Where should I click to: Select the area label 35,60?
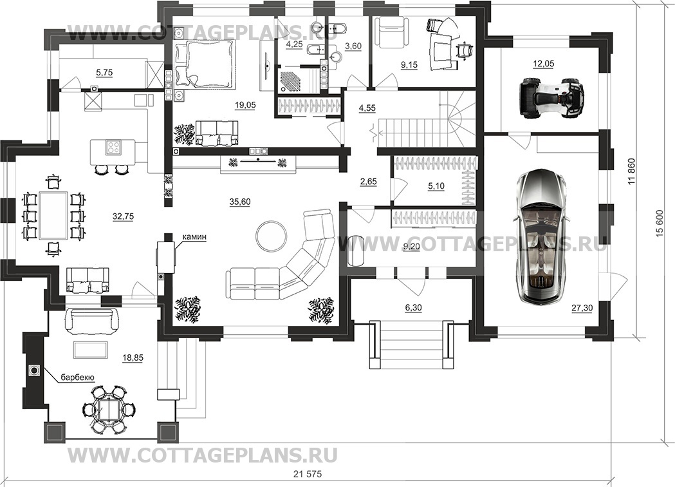tap(239, 202)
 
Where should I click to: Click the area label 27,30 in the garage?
tap(581, 309)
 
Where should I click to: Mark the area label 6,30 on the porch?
tap(413, 309)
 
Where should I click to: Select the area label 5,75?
tap(103, 73)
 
